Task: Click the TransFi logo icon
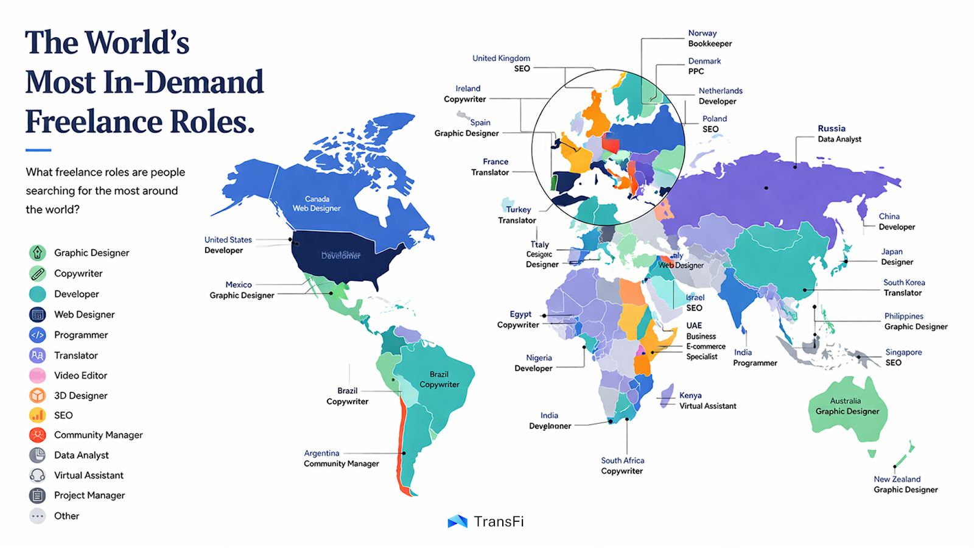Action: [x=457, y=521]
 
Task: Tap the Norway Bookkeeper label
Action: [x=710, y=38]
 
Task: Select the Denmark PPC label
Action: [x=704, y=66]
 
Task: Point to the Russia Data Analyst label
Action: [x=839, y=133]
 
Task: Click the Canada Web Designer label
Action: [x=317, y=203]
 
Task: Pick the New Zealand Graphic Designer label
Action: [x=905, y=484]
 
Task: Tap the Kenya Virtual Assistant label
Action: [x=707, y=401]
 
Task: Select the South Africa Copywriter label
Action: [x=622, y=466]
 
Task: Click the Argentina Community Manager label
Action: [x=341, y=458]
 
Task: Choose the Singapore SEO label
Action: [x=903, y=357]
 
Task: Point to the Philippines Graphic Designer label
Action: [x=916, y=321]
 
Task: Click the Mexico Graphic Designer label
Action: [x=242, y=290]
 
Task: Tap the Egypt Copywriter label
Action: [x=518, y=320]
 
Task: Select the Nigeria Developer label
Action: [x=533, y=363]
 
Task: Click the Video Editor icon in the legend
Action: [x=38, y=375]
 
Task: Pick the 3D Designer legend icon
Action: [x=38, y=395]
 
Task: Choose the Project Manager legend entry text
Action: [x=89, y=495]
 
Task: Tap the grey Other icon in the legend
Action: [x=38, y=516]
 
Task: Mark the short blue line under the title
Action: [x=38, y=150]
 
